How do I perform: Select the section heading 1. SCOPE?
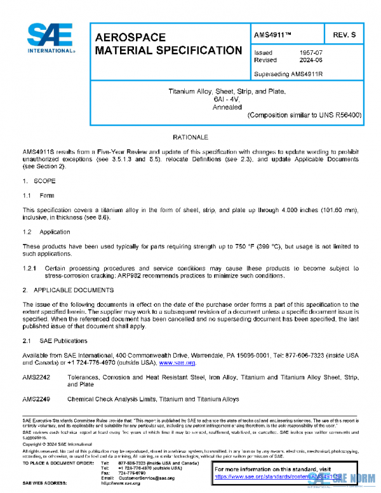point(39,182)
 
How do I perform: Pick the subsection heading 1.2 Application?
point(46,232)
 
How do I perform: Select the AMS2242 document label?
point(36,377)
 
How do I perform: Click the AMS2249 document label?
point(36,399)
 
